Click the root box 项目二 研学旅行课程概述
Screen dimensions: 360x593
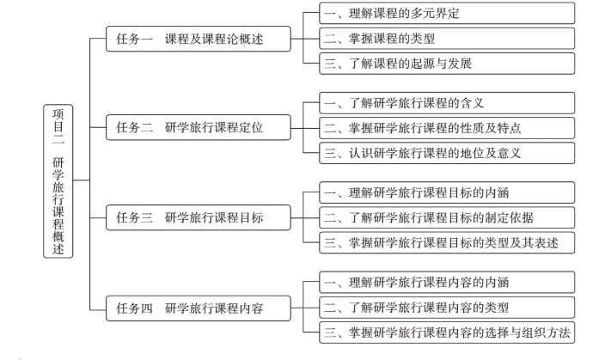click(58, 180)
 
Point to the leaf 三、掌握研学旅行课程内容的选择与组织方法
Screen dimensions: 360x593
click(446, 333)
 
